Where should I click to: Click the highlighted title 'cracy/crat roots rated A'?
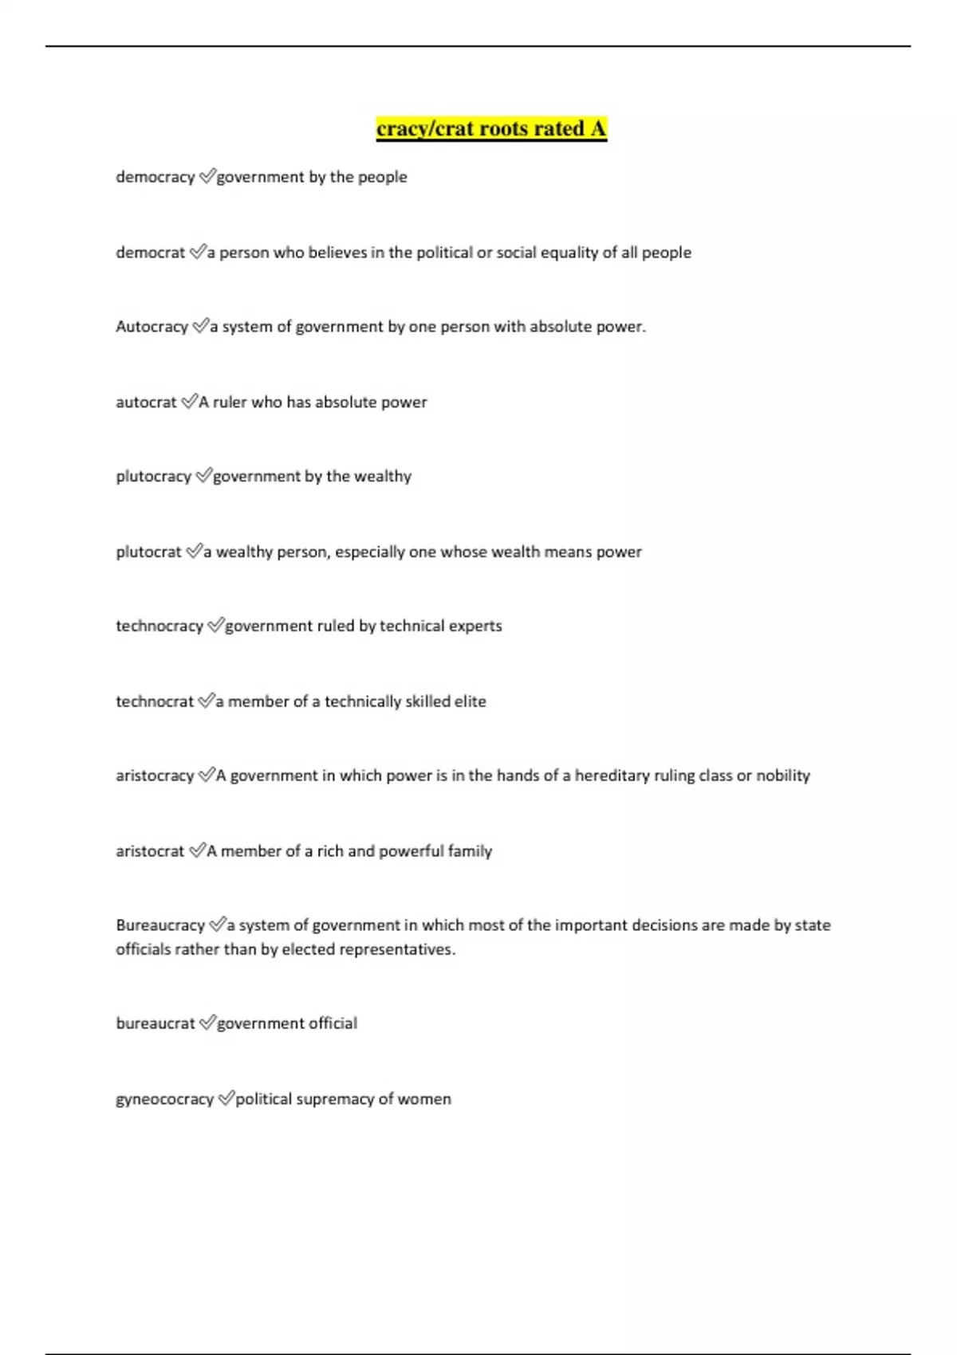[x=491, y=129]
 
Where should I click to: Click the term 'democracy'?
[x=156, y=177]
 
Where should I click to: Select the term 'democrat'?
[x=150, y=253]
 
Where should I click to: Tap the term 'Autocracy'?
[x=152, y=327]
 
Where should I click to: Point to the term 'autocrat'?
[x=146, y=403]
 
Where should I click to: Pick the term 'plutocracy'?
[x=153, y=477]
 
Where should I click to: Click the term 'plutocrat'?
[x=148, y=552]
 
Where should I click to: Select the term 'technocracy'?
[x=159, y=626]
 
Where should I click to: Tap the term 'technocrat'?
[x=155, y=701]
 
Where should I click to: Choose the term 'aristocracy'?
[x=155, y=776]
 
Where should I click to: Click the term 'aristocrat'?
[x=150, y=851]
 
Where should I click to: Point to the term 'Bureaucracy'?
[x=160, y=925]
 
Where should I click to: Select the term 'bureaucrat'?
[x=156, y=1023]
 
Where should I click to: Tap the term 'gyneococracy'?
[x=164, y=1099]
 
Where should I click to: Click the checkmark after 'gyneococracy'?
[x=226, y=1098]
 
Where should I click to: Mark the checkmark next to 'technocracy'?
[x=215, y=626]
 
